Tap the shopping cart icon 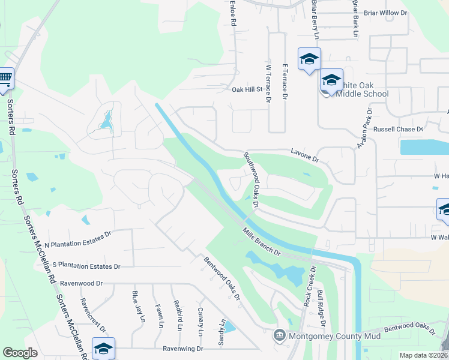click(5, 77)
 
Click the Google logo click(20, 353)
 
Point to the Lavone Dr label click(305, 155)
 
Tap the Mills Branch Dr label click(262, 241)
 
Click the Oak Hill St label click(248, 89)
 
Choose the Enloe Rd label click(233, 13)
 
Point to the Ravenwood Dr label click(82, 283)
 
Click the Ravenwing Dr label click(183, 349)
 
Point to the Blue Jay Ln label click(135, 310)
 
